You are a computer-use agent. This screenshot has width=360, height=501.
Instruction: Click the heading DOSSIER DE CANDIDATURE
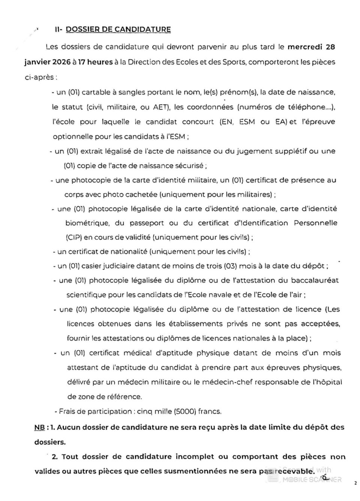click(x=118, y=29)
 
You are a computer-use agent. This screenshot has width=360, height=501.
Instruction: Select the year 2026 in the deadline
click(x=61, y=62)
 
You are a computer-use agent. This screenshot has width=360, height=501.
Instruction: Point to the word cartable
click(x=96, y=92)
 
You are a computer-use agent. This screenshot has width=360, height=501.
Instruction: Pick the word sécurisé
click(x=189, y=166)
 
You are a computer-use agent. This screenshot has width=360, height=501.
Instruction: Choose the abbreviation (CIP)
click(x=73, y=238)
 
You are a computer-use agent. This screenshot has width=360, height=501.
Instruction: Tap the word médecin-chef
click(x=226, y=382)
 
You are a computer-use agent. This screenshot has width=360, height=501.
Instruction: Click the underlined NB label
click(x=39, y=427)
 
